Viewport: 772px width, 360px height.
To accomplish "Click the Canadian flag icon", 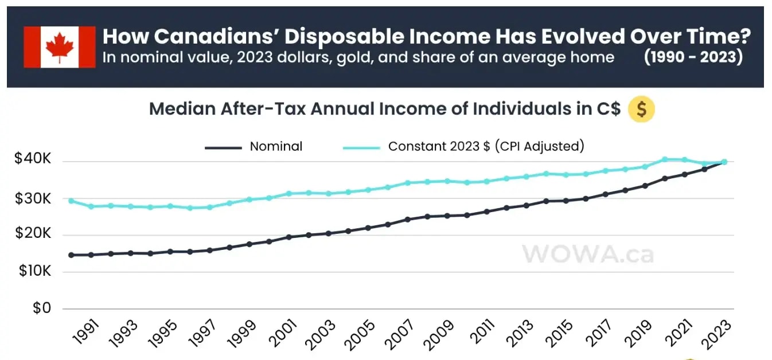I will (x=60, y=47).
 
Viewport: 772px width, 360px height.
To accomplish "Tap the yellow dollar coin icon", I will (x=641, y=109).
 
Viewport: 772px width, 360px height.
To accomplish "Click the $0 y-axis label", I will (x=41, y=308).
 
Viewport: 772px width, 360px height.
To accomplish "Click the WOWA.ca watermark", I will (x=587, y=254).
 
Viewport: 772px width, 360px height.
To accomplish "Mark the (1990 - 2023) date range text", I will (x=693, y=58).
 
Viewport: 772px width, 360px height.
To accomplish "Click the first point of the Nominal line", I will (x=71, y=255).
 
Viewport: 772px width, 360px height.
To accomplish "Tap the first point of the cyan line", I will (x=71, y=201).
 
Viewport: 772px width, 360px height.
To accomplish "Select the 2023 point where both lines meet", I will (x=724, y=162).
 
